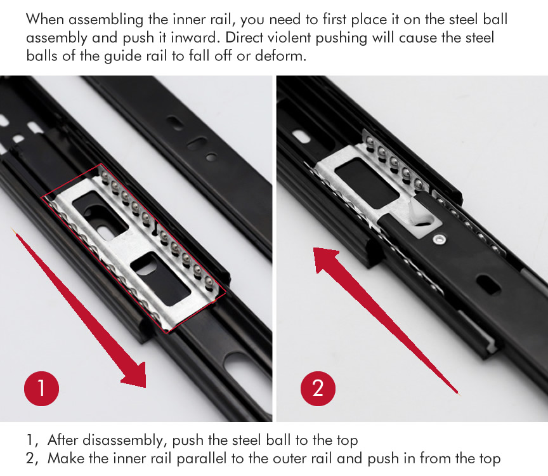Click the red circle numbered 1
(42, 388)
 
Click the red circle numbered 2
(318, 388)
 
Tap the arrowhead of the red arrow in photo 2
(325, 259)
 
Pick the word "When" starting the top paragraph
(45, 19)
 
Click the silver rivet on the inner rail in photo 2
(439, 239)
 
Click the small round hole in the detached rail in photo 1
(211, 157)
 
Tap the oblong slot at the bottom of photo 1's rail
(245, 375)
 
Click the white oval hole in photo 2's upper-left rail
(301, 136)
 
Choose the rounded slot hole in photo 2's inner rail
(488, 284)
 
